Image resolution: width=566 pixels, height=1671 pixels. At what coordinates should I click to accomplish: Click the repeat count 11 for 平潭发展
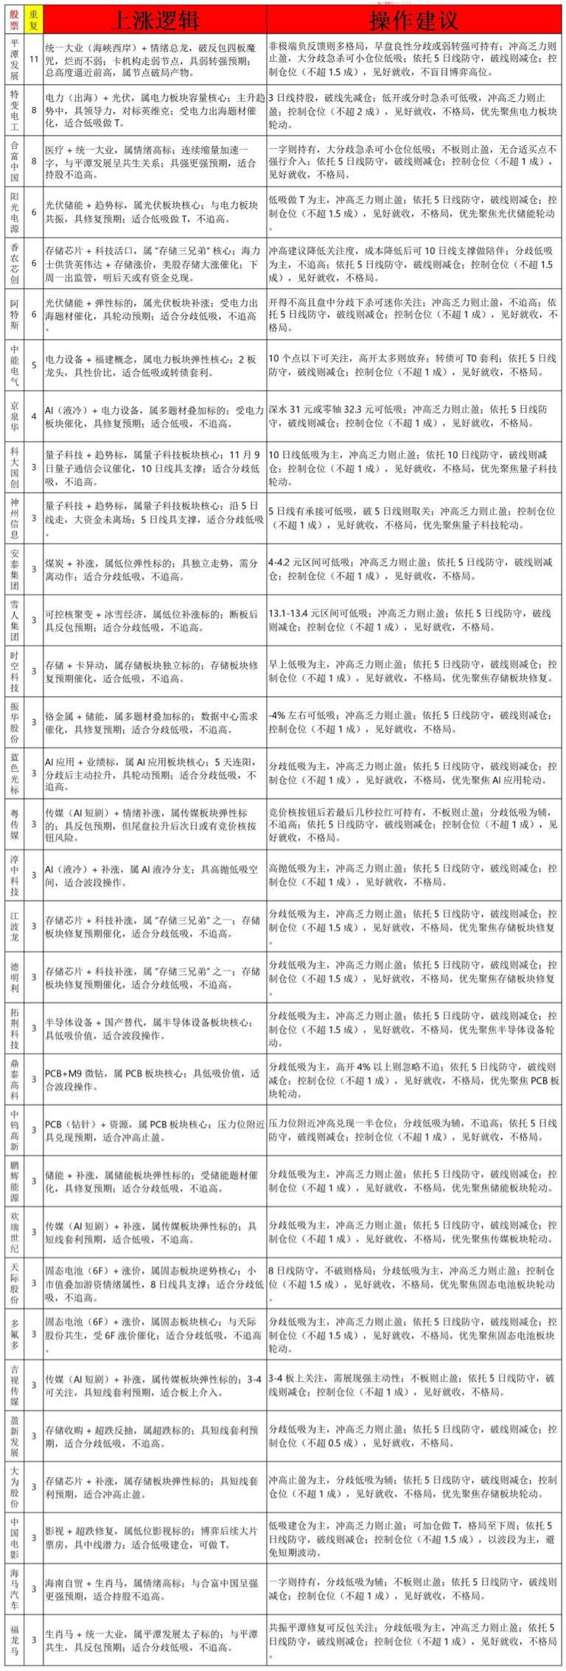coord(33,58)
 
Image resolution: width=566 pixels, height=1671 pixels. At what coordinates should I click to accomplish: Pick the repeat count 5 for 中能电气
coord(33,365)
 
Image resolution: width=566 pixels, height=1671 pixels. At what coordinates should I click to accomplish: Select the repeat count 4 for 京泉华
coord(33,417)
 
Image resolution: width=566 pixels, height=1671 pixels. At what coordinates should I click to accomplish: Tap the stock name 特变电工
coord(15,110)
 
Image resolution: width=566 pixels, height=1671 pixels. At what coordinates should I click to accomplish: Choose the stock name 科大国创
coord(15,468)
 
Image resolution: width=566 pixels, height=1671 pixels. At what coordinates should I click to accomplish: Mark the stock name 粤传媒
coord(15,824)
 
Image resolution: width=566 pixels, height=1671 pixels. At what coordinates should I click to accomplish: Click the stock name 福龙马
coord(15,1643)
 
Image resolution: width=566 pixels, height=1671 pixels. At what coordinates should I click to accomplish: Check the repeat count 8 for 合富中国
coord(33,161)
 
